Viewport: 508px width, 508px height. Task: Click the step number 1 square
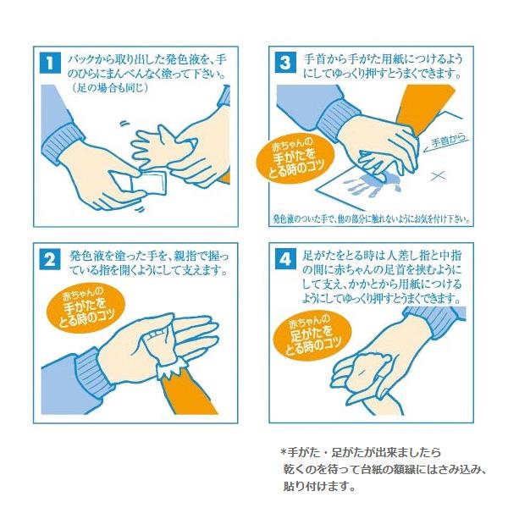pyautogui.click(x=50, y=63)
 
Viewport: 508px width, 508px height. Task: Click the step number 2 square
pyautogui.click(x=50, y=259)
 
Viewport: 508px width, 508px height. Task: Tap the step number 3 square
pyautogui.click(x=285, y=63)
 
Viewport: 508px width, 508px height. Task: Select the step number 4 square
pyautogui.click(x=285, y=259)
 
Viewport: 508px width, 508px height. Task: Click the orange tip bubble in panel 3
pyautogui.click(x=295, y=159)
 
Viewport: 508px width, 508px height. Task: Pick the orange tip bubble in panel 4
pyautogui.click(x=312, y=337)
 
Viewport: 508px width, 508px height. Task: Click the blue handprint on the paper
pyautogui.click(x=373, y=184)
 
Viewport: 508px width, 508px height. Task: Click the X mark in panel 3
pyautogui.click(x=439, y=176)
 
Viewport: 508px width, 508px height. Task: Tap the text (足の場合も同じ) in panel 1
pyautogui.click(x=110, y=88)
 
